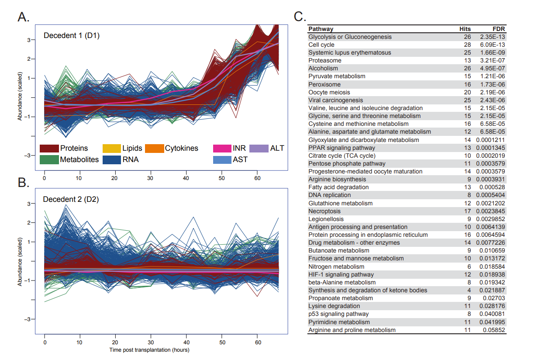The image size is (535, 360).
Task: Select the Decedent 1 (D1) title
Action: [72, 35]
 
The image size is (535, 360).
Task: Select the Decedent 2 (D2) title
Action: [71, 200]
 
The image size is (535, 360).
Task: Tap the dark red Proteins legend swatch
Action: [49, 149]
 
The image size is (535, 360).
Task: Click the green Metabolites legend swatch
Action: [49, 159]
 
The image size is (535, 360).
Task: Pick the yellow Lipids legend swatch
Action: [111, 149]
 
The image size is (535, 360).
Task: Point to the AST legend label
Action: [240, 159]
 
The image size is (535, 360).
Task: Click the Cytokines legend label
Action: [181, 149]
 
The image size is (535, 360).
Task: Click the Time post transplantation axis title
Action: [149, 350]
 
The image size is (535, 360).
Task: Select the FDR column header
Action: [498, 29]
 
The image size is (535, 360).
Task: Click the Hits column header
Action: [465, 29]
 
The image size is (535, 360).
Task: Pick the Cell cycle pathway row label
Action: [321, 45]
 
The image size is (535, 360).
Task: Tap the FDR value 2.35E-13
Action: [492, 37]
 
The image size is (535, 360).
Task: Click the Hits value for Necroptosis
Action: [468, 211]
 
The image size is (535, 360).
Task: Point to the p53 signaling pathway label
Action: [338, 314]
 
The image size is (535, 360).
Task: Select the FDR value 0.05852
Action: [494, 330]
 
